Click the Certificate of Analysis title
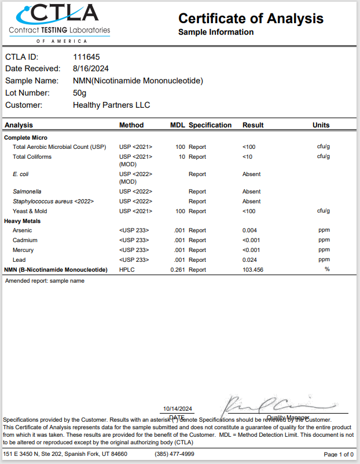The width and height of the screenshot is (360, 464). pos(251,19)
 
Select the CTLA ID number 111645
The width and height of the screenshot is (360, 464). pos(86,57)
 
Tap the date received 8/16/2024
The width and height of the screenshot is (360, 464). pos(91,68)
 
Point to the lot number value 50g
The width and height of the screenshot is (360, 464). pos(79,93)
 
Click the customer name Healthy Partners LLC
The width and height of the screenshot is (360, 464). pos(111,105)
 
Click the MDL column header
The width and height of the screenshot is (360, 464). pos(177,125)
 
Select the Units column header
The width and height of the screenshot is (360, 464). pos(321,125)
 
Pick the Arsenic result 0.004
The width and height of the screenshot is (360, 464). pos(250,231)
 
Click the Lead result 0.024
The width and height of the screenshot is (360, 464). pos(250,260)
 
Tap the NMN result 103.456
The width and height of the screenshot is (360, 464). pos(253,270)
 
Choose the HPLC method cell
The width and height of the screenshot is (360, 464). pos(127,270)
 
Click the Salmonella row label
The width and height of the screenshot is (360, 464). pos(27,192)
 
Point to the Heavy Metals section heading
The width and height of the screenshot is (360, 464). pos(23,221)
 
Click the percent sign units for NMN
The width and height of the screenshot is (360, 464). pos(327,269)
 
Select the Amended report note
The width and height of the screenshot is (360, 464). pos(45,281)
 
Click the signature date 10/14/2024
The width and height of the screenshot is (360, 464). pos(178,408)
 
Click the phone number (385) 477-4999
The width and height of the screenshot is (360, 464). pos(174,454)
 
